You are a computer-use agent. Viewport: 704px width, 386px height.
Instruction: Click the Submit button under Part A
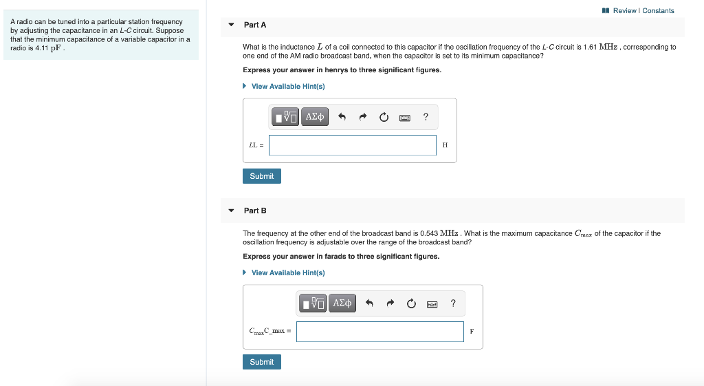point(261,176)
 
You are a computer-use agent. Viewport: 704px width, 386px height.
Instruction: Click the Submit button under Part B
point(261,362)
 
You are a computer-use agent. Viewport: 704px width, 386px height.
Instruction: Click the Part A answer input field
point(352,145)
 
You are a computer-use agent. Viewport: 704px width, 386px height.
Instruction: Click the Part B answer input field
point(380,332)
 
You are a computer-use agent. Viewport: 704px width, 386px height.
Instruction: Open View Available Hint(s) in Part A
point(287,86)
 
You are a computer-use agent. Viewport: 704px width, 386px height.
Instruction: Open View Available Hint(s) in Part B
point(287,272)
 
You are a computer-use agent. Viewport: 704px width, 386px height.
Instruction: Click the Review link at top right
point(624,10)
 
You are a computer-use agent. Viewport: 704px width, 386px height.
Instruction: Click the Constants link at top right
point(658,10)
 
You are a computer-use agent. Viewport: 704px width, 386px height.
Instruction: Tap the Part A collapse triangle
point(232,25)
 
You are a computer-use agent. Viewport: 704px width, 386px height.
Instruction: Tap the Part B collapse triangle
point(232,211)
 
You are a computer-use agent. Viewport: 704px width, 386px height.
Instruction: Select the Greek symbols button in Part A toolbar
point(314,117)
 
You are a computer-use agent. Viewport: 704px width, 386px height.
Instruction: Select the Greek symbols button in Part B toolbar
point(342,303)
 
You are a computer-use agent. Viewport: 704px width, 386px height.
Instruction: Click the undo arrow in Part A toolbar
point(342,118)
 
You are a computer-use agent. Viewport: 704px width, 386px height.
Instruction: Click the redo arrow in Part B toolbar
point(390,303)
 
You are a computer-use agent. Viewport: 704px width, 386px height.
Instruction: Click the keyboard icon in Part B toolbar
point(432,303)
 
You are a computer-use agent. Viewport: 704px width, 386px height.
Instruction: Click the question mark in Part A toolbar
point(426,117)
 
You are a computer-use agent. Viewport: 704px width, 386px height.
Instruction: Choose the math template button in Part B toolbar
point(313,303)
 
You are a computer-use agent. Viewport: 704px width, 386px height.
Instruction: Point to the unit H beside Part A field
point(445,145)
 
